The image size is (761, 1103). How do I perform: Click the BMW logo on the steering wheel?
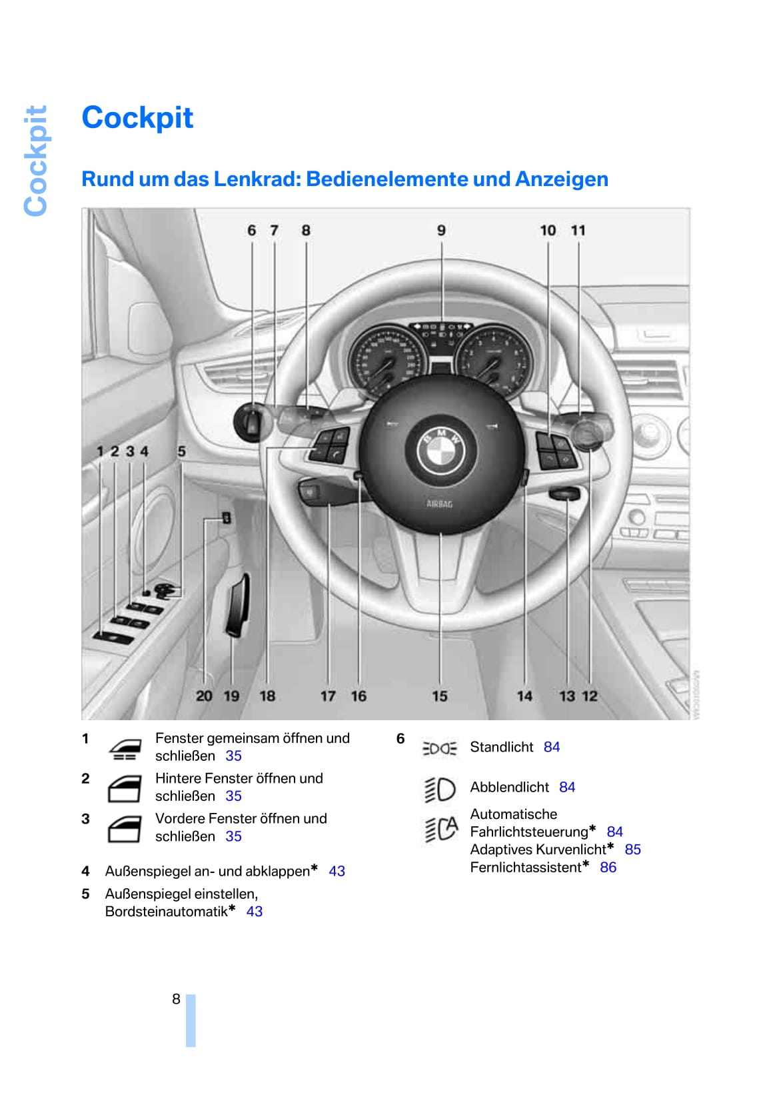click(x=440, y=451)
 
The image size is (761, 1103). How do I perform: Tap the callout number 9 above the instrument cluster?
click(x=441, y=230)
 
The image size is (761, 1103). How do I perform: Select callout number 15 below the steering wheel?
click(x=440, y=696)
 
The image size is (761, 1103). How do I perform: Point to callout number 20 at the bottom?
click(x=204, y=696)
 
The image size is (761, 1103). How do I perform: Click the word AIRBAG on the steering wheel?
click(x=440, y=504)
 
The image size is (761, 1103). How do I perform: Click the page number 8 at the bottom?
click(x=176, y=999)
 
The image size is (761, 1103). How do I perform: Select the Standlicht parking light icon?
click(x=440, y=748)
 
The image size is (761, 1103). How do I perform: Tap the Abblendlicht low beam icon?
click(x=440, y=789)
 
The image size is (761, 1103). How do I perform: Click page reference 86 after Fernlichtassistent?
click(x=608, y=868)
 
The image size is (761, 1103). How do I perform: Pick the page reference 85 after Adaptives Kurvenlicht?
click(x=632, y=850)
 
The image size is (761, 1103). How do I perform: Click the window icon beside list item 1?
click(x=125, y=750)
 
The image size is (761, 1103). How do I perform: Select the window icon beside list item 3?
click(x=124, y=829)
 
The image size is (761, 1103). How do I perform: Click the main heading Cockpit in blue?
click(x=137, y=118)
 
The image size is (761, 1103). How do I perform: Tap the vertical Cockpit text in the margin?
click(x=36, y=161)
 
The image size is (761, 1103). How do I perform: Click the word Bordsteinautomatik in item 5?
click(x=166, y=912)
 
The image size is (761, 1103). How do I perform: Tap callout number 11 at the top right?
click(x=578, y=230)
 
